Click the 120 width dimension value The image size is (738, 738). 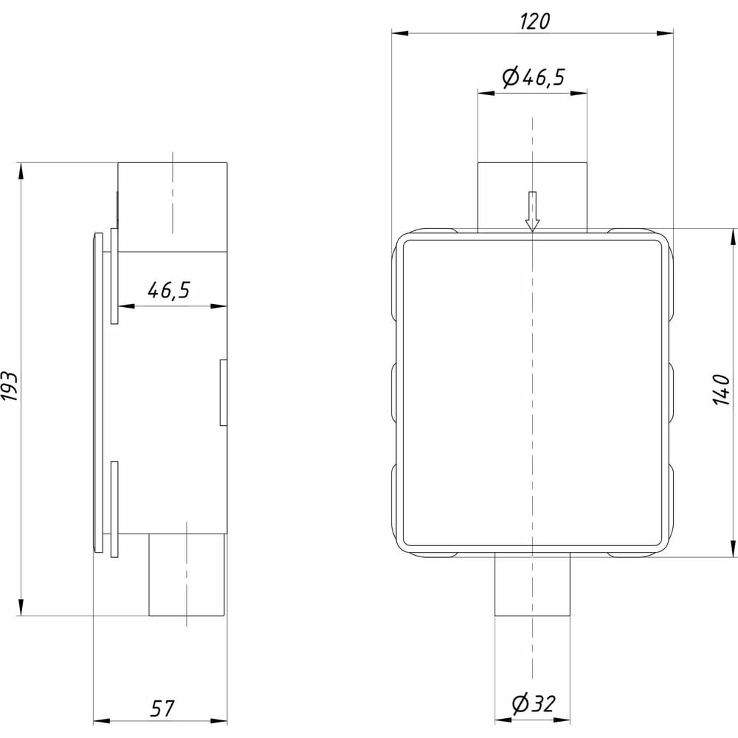(534, 21)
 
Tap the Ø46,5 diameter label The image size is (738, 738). (534, 77)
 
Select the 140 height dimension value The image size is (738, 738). (721, 389)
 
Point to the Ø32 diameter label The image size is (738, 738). (534, 703)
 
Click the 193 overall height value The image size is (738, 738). (10, 386)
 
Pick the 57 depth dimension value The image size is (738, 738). (162, 708)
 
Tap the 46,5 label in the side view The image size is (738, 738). (168, 290)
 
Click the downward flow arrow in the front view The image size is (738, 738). (532, 211)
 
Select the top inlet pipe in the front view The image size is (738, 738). (532, 197)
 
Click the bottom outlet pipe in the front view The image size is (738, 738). (532, 584)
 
